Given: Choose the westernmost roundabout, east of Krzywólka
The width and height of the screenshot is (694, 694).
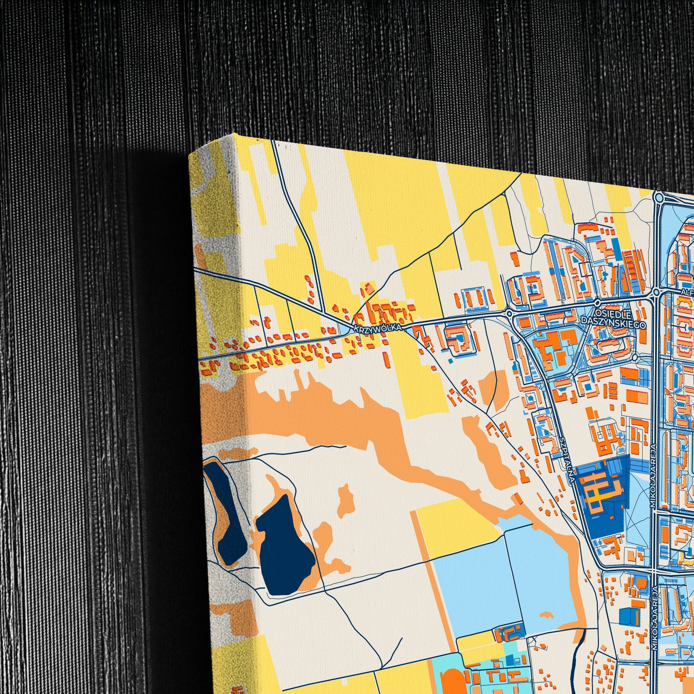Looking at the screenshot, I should tap(509, 313).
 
